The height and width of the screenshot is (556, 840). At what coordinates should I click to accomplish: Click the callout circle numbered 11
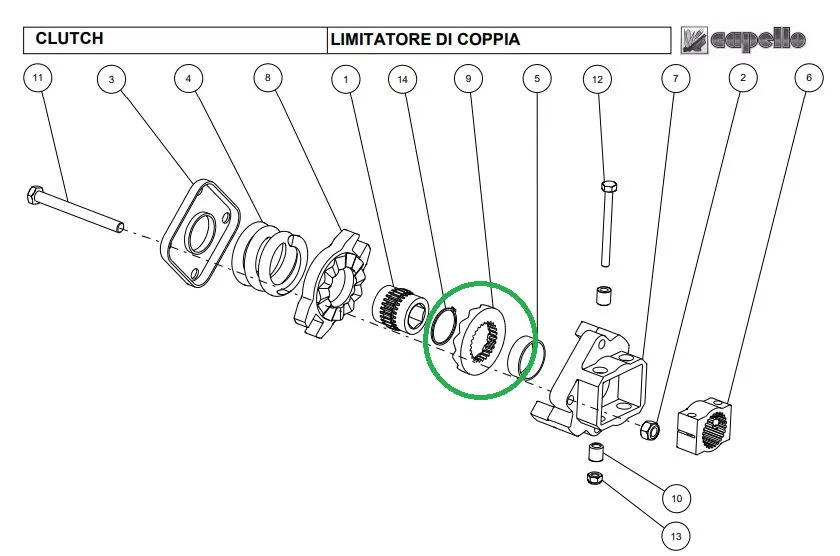coord(38,78)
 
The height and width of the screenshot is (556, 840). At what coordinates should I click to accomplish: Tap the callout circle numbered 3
coord(111,79)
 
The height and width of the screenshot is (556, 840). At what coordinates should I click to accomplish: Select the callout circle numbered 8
coord(268,78)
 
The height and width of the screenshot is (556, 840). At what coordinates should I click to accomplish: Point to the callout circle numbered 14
coord(402,79)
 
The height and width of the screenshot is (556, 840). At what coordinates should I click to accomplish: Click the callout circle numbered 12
coord(597,79)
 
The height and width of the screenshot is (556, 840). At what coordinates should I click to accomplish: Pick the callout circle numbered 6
coord(809,78)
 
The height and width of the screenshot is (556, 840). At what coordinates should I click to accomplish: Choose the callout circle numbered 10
coord(677,498)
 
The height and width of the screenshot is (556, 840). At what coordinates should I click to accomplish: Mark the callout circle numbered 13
coord(676,536)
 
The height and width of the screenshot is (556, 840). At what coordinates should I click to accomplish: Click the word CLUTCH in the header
coord(69,39)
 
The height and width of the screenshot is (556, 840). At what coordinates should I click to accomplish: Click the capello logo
coord(744,40)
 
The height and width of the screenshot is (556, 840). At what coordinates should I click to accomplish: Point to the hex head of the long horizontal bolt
coord(34,194)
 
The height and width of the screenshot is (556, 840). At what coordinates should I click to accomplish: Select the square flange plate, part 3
coord(200,233)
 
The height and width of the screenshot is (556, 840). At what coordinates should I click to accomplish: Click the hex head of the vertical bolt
coord(609,187)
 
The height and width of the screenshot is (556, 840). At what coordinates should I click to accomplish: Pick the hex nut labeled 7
coord(650,430)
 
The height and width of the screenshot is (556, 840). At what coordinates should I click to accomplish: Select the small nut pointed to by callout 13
coord(595,477)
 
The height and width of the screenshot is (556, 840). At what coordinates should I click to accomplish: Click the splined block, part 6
coord(703,426)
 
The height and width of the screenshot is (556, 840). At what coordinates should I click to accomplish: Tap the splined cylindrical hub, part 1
coord(400,311)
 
